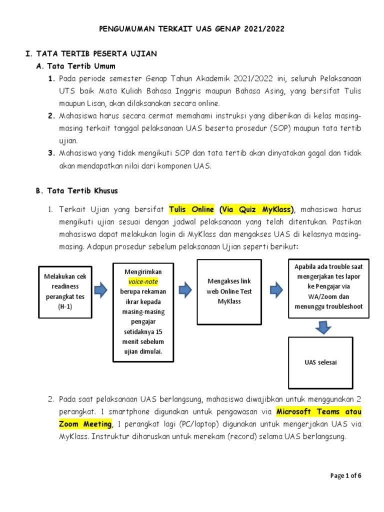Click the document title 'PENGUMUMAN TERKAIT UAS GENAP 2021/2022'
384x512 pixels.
[192, 29]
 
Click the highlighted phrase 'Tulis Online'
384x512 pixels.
[191, 208]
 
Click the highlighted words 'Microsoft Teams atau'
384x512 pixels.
[319, 412]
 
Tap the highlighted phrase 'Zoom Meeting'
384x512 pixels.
[85, 424]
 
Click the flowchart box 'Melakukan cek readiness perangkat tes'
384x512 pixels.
[65, 291]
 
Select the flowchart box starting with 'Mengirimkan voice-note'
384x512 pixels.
[143, 312]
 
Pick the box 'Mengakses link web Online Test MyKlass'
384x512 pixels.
[229, 291]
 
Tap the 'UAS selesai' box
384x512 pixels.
[320, 362]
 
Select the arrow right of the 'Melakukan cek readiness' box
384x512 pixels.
[101, 290]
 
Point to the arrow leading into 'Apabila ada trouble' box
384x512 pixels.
[276, 288]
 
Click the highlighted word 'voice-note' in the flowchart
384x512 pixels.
[143, 281]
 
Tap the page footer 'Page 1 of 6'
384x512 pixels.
[346, 475]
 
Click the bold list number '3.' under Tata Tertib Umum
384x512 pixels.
[51, 153]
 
